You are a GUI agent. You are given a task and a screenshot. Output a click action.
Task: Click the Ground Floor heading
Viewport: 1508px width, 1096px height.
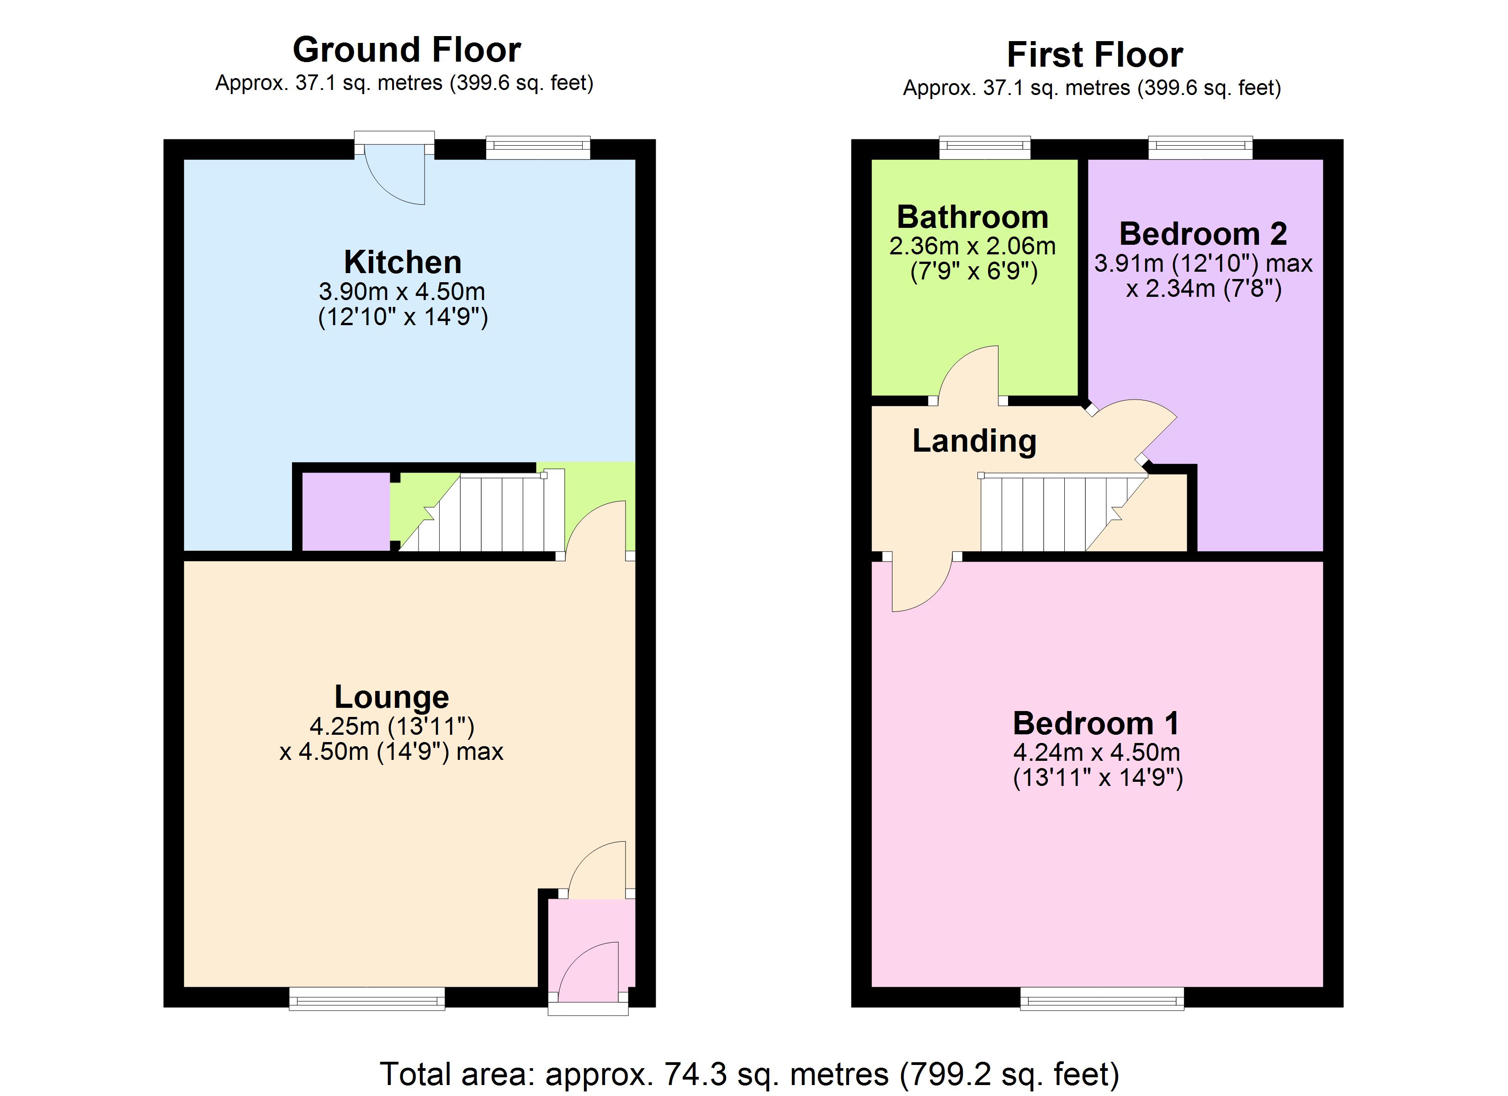coord(406,50)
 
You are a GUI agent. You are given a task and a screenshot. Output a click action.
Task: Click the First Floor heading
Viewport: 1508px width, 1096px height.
coord(1094,54)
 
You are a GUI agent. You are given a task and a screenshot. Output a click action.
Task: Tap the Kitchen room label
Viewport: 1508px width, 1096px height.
coord(402,262)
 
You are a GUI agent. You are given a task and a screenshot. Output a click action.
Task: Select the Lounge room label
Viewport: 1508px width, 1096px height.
coord(392,696)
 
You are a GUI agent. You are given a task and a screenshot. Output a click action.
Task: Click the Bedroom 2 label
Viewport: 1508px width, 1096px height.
coord(1203,233)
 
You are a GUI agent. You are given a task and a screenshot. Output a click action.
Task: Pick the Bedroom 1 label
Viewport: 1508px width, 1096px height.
coord(1096,723)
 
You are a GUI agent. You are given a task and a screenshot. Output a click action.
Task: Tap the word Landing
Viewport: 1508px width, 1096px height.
coord(974,441)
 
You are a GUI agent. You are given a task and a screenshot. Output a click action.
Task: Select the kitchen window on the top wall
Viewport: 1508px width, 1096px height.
coord(537,147)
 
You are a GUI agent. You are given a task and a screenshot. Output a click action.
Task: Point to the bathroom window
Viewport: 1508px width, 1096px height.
coord(984,147)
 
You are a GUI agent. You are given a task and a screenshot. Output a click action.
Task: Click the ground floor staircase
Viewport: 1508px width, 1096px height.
coord(492,513)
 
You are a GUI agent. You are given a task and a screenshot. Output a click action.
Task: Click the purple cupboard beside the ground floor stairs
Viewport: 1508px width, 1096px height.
coord(346,511)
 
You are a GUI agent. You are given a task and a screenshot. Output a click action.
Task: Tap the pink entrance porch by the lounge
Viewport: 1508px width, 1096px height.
coord(590,944)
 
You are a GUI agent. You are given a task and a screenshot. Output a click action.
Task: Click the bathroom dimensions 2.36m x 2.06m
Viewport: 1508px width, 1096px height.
coord(972,247)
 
